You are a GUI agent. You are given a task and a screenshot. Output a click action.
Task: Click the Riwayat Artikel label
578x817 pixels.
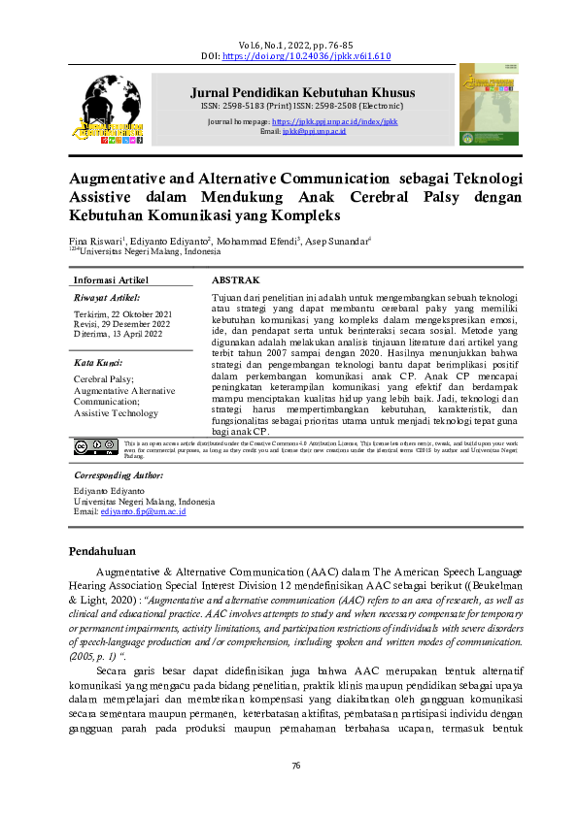point(107,297)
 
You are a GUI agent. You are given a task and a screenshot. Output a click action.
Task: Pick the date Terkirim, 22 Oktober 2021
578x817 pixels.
point(123,315)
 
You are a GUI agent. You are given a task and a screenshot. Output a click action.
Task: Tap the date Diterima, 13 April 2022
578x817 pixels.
point(119,337)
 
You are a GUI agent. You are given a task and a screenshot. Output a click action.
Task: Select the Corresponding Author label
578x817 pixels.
point(119,475)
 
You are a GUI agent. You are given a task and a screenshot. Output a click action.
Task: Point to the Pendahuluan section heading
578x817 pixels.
point(108,551)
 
